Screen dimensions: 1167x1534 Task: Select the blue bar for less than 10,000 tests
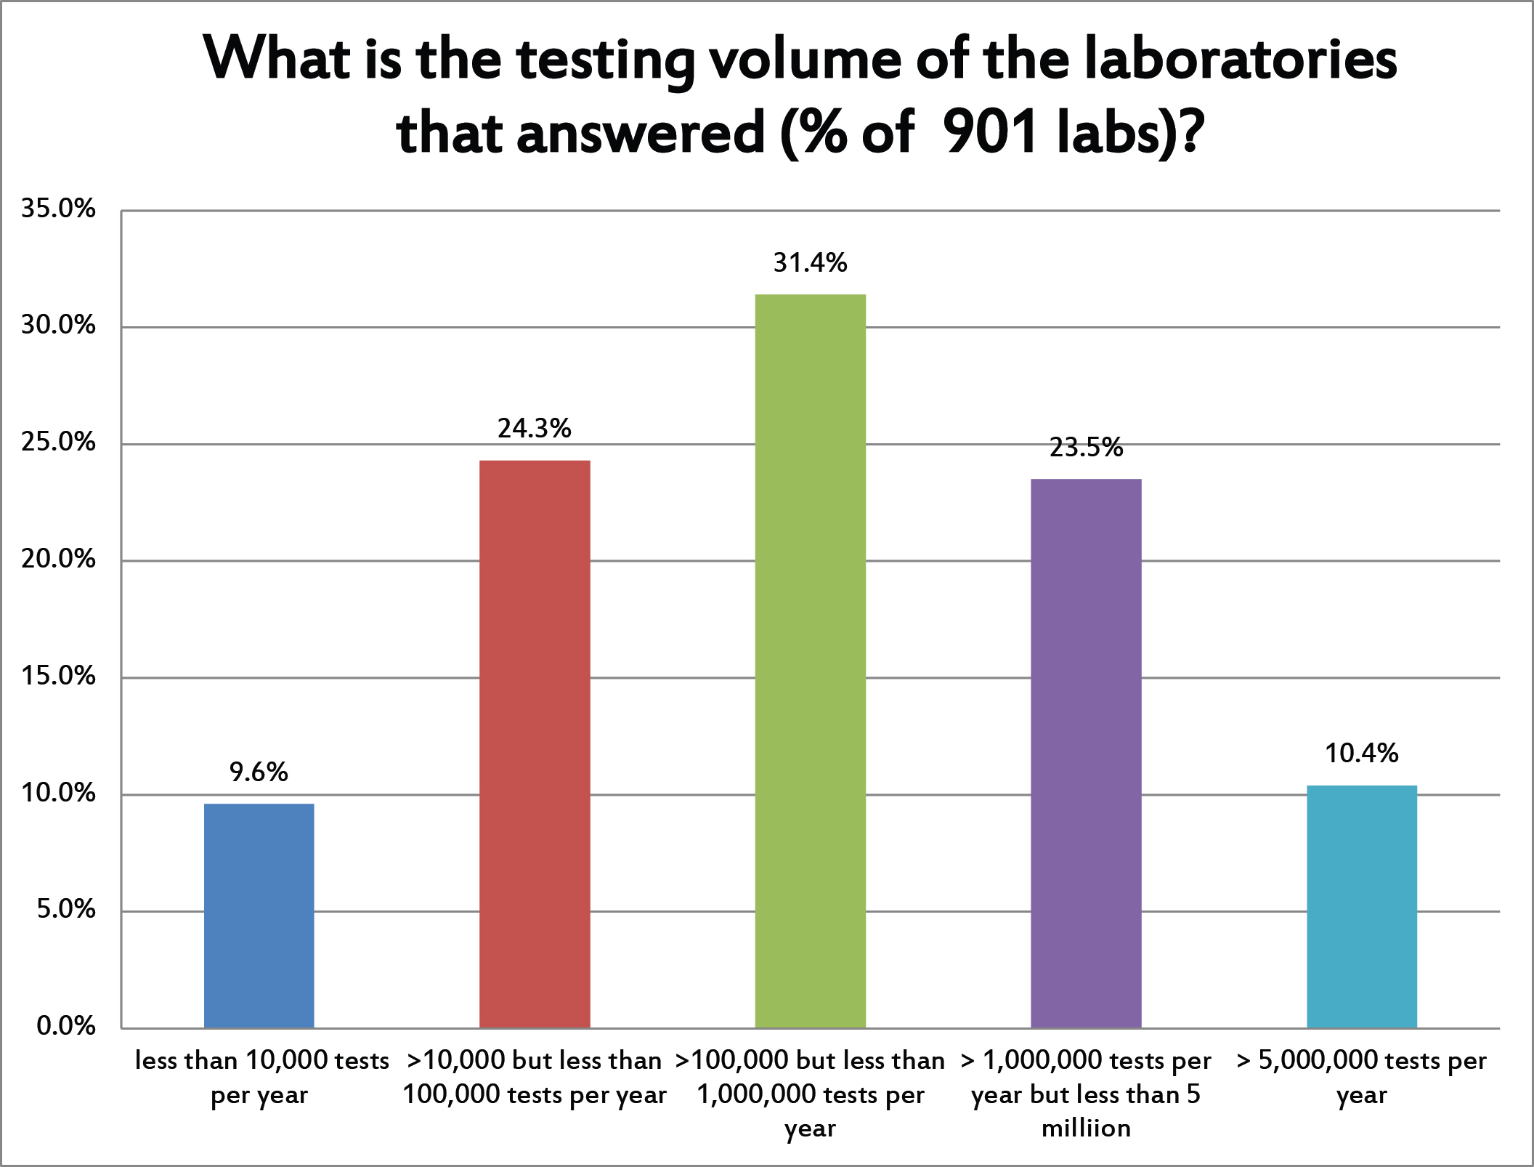pos(259,916)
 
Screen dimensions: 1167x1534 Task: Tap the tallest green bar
pos(810,661)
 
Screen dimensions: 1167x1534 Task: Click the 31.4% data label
pos(810,262)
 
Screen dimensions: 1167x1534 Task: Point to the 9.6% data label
pos(259,772)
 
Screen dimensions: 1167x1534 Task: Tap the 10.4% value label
pos(1362,754)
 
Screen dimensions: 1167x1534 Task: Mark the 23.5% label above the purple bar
pos(1086,448)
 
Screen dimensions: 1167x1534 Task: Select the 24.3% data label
pos(535,429)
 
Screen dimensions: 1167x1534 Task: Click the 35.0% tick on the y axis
pos(58,209)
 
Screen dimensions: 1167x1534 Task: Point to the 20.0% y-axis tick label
pos(58,560)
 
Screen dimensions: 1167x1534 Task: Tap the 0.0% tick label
pos(65,1026)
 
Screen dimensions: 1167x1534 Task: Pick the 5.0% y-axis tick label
pos(65,909)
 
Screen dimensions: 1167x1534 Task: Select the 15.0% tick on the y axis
pos(58,677)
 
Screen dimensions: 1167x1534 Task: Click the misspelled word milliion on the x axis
pos(1086,1128)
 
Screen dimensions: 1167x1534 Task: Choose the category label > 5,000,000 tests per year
pos(1362,1077)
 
